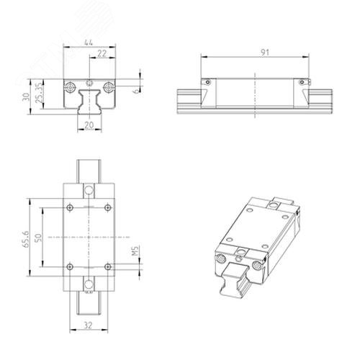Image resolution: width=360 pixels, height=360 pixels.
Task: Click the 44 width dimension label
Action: [89, 42]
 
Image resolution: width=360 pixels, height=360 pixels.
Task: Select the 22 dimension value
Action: [102, 53]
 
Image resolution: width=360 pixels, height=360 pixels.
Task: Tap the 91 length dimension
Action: [265, 53]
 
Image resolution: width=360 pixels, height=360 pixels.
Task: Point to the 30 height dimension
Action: [26, 97]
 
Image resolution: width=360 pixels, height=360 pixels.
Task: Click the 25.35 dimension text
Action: [39, 94]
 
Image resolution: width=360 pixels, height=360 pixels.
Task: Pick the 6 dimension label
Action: [136, 91]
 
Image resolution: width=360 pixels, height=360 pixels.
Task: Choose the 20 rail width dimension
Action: [89, 125]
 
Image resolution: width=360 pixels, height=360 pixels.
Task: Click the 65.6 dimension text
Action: [26, 239]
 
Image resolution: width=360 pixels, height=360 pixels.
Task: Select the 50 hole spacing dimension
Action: [38, 238]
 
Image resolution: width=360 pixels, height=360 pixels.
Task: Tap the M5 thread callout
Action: [136, 251]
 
